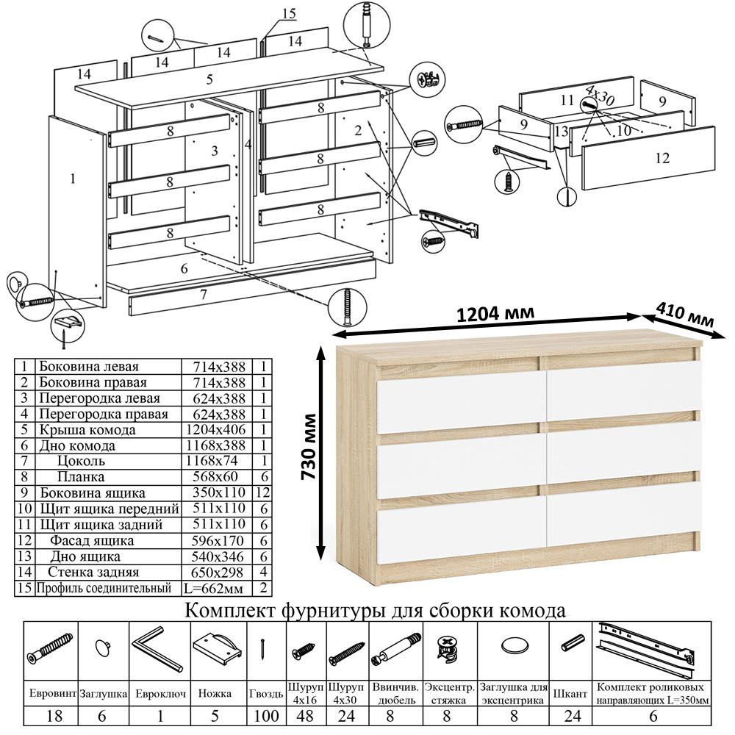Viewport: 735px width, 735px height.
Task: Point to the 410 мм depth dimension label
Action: [x=689, y=314]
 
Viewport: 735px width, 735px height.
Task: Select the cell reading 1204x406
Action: [x=219, y=429]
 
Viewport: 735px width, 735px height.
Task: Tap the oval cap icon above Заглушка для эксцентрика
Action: [x=514, y=646]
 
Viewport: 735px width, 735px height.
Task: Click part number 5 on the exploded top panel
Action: [x=209, y=79]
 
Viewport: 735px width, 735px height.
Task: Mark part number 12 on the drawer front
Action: [x=661, y=157]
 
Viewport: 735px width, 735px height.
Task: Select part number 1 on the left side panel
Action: [x=73, y=177]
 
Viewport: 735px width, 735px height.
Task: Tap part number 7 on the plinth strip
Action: [x=204, y=295]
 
